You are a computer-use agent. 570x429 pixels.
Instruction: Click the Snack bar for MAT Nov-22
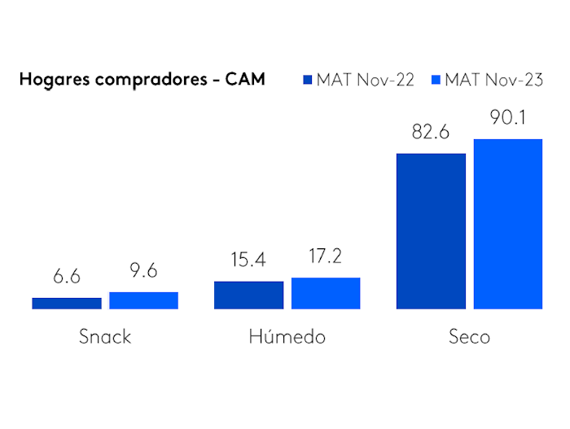point(67,303)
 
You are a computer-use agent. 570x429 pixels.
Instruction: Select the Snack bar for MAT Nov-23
point(143,300)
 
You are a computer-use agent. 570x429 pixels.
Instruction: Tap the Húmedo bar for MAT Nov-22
point(248,295)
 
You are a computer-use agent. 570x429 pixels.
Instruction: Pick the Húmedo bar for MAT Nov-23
point(326,293)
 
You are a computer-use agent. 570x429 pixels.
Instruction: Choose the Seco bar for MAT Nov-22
point(431,231)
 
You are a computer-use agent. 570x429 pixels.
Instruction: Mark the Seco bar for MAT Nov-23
point(508,224)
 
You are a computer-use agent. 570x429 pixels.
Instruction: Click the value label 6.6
point(67,277)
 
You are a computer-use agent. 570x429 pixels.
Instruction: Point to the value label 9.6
point(143,271)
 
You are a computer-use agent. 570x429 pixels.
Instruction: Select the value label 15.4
point(248,260)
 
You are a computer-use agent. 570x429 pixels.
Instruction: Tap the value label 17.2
point(326,257)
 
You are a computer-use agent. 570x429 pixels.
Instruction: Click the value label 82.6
point(431,132)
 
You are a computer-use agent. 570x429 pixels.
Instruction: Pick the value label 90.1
point(508,118)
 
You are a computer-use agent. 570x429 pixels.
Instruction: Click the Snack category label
point(105,336)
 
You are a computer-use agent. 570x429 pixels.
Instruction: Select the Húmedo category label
point(287,336)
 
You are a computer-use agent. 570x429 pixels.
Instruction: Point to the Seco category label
point(469,336)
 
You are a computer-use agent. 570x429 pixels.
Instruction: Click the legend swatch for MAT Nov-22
point(308,80)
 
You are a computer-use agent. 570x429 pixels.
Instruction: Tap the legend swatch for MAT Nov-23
point(436,80)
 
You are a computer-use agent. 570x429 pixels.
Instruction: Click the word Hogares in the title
point(53,81)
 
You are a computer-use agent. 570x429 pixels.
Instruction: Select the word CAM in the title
point(247,80)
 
